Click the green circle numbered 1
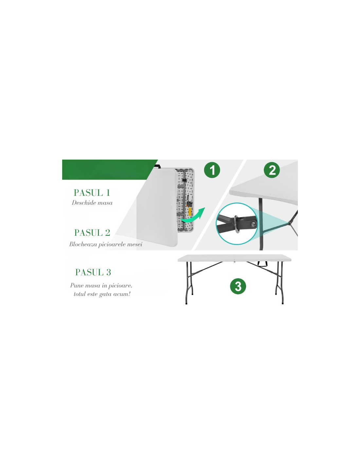coord(212,170)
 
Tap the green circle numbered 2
coord(272,170)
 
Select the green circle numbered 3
coord(238,286)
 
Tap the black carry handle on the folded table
coord(158,166)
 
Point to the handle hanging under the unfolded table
coord(263,264)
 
